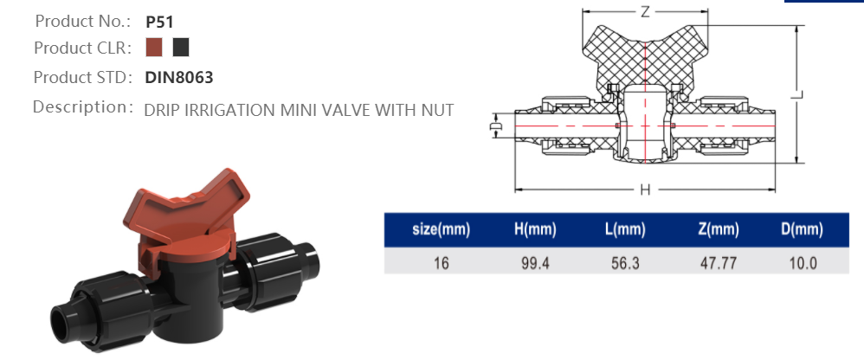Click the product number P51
(x=159, y=22)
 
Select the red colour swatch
(x=155, y=47)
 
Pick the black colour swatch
(x=180, y=47)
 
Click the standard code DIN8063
(x=179, y=77)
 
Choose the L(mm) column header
(x=625, y=230)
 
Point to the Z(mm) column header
(x=718, y=230)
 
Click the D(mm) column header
(x=801, y=230)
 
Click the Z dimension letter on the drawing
(x=644, y=12)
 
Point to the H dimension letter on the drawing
(x=644, y=190)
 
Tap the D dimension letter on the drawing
(x=496, y=126)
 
